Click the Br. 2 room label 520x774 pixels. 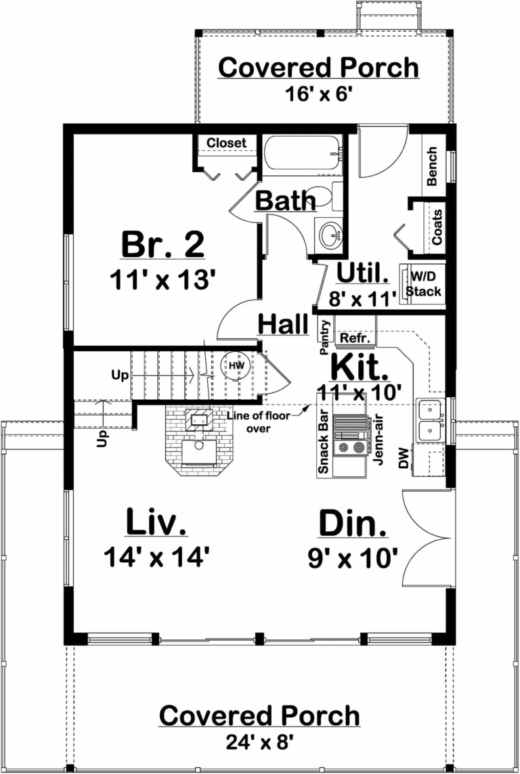[162, 244]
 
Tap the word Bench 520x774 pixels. [433, 166]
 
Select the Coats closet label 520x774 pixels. [437, 227]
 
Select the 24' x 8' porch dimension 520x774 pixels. [259, 742]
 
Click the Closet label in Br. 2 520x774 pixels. [226, 143]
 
